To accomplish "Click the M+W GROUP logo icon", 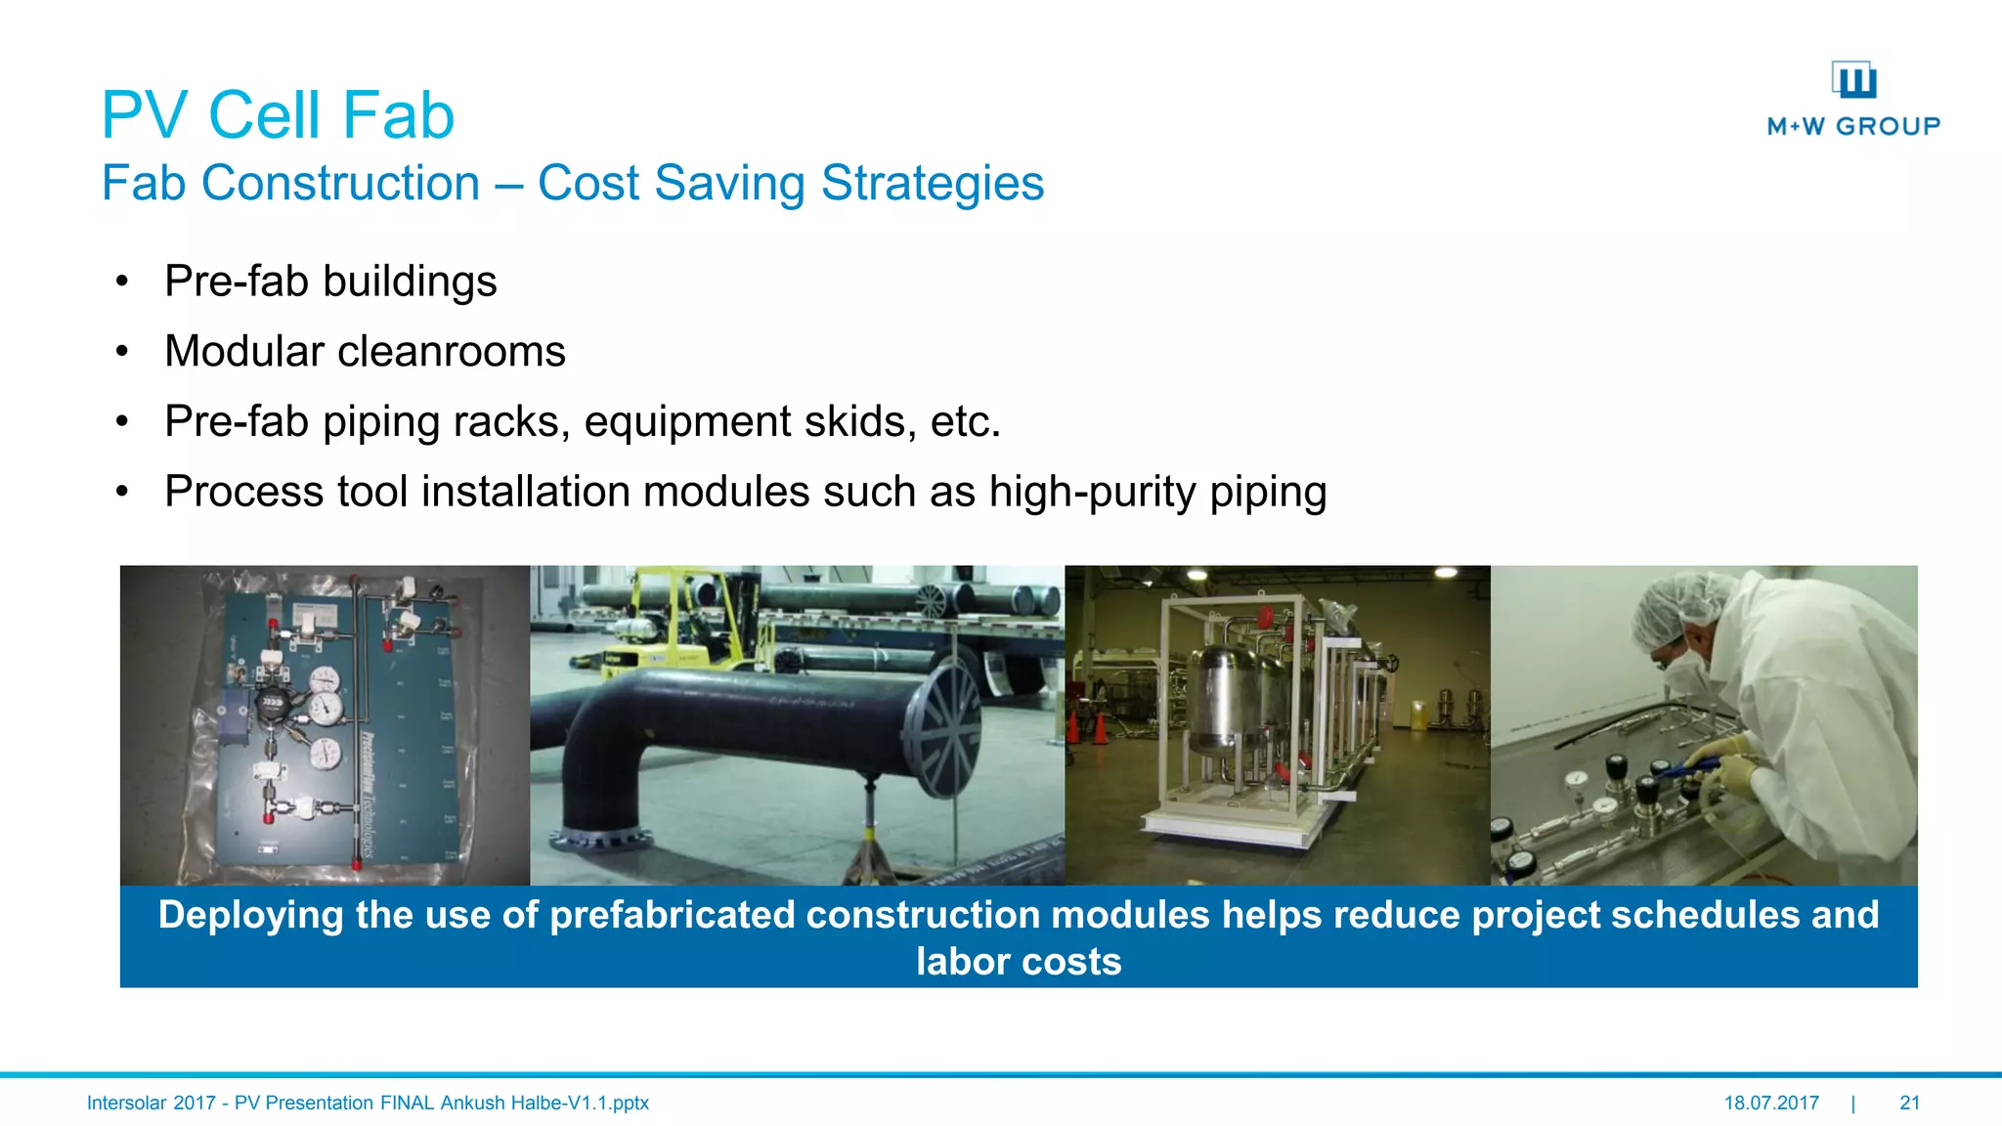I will [1853, 80].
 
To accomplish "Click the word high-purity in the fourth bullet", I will [1092, 492].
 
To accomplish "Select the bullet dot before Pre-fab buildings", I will [122, 282].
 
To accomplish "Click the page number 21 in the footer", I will [1909, 1103].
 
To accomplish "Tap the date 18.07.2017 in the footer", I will [1770, 1103].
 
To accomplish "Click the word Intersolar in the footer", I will [126, 1103].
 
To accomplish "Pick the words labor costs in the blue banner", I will [1018, 962].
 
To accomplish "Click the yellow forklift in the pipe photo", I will [675, 626].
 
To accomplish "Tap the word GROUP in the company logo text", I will [1888, 126].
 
